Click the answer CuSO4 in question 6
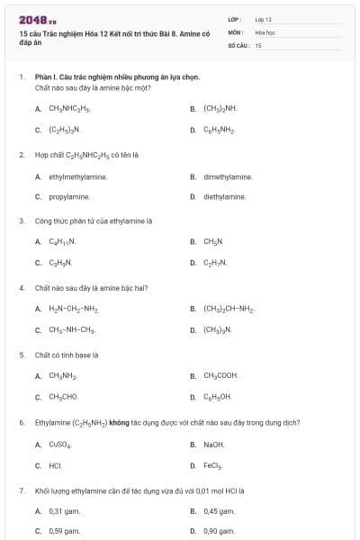(59, 445)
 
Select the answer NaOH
(214, 445)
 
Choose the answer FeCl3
(213, 466)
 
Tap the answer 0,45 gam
(220, 511)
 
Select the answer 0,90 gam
(220, 531)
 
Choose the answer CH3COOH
(220, 375)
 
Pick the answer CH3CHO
(63, 396)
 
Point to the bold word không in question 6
(119, 422)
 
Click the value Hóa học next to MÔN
(265, 31)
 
